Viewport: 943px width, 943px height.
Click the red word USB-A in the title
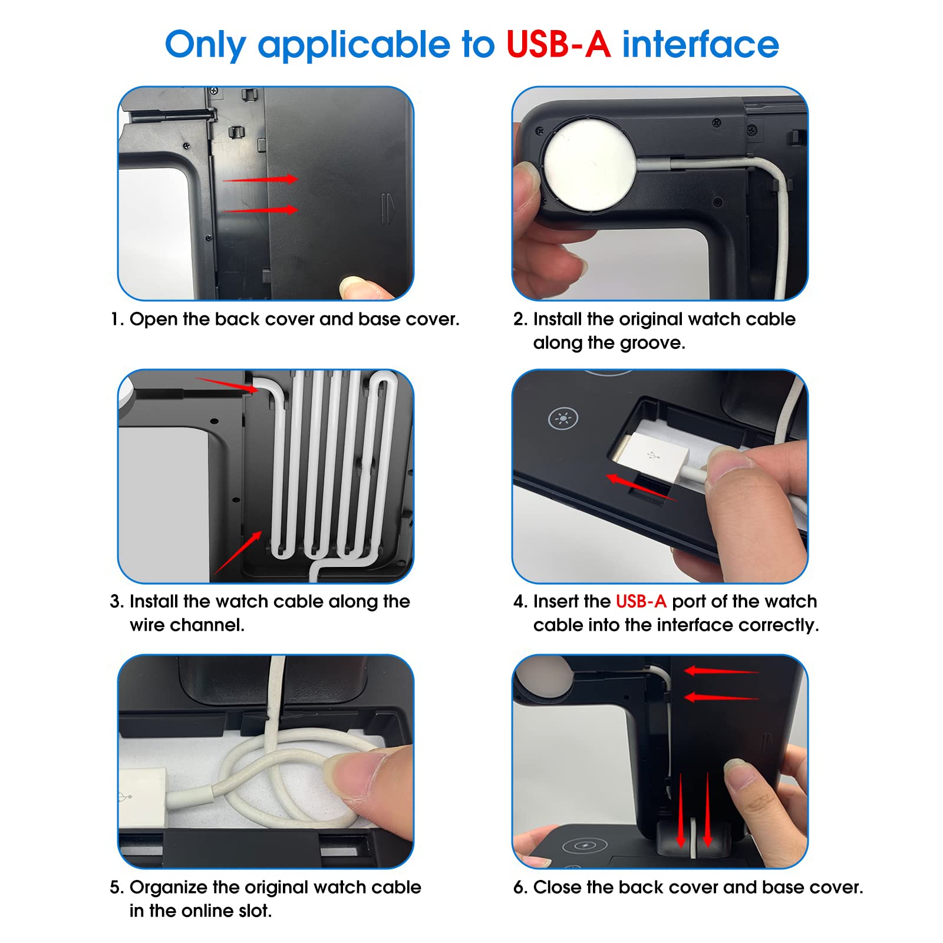(x=558, y=45)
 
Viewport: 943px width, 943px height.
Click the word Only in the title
(x=205, y=45)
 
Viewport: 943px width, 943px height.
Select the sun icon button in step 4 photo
(x=563, y=419)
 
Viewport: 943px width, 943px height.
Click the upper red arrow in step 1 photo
(x=260, y=179)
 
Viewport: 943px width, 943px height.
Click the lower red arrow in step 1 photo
(x=260, y=209)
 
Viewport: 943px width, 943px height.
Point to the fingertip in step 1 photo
(x=354, y=288)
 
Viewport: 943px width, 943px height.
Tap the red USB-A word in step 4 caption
(x=641, y=602)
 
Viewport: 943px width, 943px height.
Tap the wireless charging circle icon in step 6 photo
(x=584, y=845)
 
